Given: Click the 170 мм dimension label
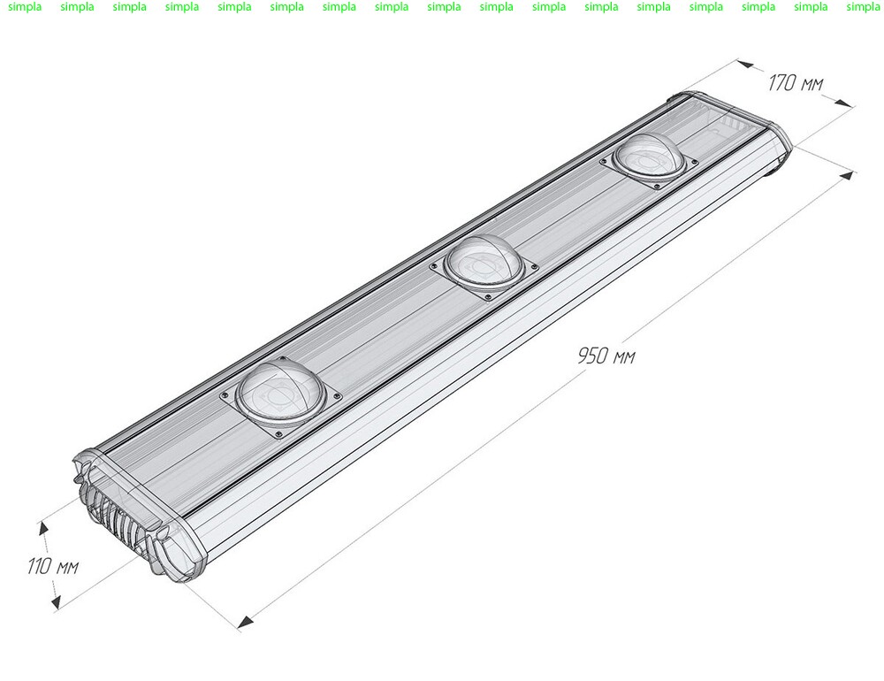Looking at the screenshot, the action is (796, 83).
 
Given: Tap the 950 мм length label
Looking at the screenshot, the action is (606, 356).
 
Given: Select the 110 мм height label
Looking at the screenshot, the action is (53, 566).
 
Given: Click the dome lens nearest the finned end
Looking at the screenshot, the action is (280, 393).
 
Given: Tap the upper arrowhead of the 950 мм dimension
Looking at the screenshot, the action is (847, 175).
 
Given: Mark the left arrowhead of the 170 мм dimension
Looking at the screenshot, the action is (744, 65).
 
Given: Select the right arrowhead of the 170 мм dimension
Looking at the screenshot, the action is (842, 103).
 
